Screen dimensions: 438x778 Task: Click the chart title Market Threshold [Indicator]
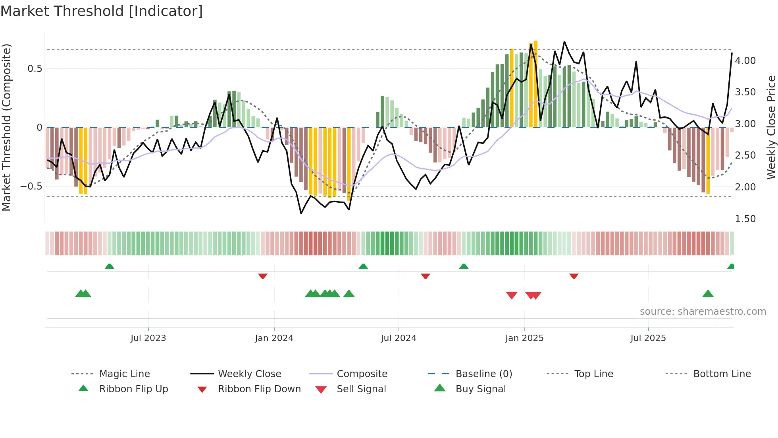point(102,11)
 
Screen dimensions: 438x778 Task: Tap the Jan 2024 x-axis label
point(274,338)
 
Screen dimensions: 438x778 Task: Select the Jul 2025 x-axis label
point(648,338)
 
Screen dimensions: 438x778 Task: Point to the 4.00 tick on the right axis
point(745,61)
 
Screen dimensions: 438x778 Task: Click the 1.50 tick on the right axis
point(745,219)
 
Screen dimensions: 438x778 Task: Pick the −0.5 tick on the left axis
point(31,186)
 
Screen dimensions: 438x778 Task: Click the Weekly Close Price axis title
point(771,127)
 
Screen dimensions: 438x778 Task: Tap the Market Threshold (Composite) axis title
point(6,127)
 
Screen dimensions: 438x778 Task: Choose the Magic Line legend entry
point(124,374)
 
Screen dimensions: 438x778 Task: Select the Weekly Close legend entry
point(249,374)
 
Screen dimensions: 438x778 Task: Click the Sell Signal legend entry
point(361,389)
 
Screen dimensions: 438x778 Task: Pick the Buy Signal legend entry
point(480,389)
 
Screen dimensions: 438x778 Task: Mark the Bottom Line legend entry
point(722,374)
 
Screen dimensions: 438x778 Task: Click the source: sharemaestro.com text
point(703,312)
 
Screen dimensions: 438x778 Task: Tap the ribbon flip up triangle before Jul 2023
point(110,266)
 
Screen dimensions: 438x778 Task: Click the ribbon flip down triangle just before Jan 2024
point(262,276)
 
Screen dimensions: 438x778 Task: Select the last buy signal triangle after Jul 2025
point(708,294)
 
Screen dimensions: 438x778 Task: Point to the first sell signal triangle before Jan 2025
point(512,295)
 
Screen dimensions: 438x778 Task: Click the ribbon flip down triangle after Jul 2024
point(426,276)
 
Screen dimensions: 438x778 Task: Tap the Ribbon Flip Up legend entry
point(133,389)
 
